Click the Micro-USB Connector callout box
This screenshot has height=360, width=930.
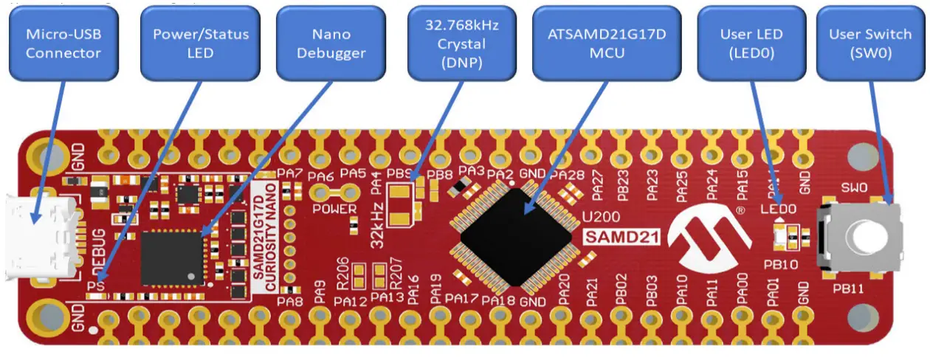(63, 44)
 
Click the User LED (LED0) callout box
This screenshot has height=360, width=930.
(751, 44)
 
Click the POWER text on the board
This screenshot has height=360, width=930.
(333, 209)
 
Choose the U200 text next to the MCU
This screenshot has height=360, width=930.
(600, 218)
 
